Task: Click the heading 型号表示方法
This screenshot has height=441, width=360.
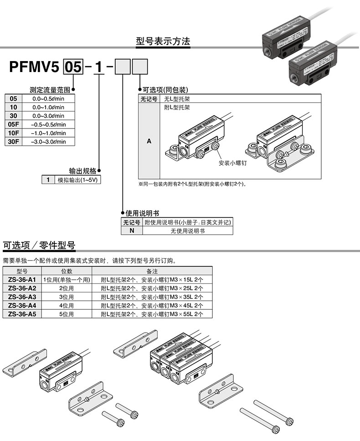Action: [163, 41]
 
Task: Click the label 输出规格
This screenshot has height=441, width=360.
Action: [82, 171]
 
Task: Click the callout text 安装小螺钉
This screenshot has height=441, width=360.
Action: [232, 163]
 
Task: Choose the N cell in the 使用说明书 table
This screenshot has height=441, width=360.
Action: [132, 231]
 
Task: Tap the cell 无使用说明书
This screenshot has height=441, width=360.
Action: [187, 231]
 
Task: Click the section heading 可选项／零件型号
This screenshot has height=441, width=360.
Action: [39, 245]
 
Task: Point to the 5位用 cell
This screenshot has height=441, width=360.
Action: [66, 314]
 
